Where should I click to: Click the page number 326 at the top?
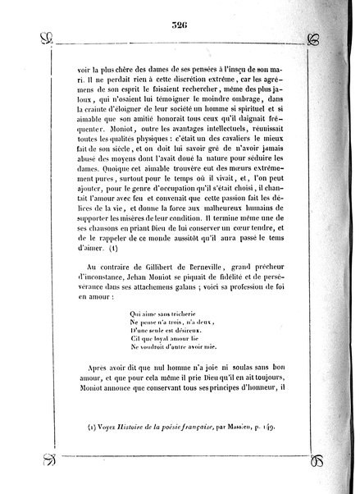tap(179, 24)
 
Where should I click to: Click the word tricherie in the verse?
tap(168, 313)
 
